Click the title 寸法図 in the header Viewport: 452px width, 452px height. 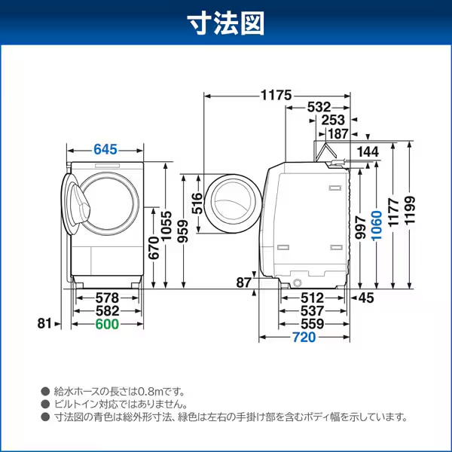pyautogui.click(x=226, y=23)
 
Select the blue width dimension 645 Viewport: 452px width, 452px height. pyautogui.click(x=105, y=149)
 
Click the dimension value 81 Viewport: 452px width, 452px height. pyautogui.click(x=44, y=323)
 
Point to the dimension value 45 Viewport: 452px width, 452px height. pyautogui.click(x=365, y=298)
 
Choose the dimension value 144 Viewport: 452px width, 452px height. pyautogui.click(x=368, y=151)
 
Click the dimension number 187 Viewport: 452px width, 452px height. pyautogui.click(x=337, y=133)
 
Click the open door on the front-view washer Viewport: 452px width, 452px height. pyautogui.click(x=76, y=205)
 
